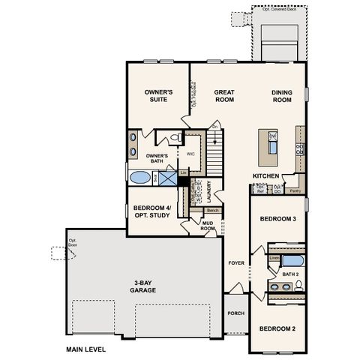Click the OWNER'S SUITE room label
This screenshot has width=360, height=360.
click(159, 95)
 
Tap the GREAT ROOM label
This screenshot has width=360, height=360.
click(225, 95)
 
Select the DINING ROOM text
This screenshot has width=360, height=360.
click(281, 95)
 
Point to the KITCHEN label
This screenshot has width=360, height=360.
click(266, 175)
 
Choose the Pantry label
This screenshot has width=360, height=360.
click(295, 190)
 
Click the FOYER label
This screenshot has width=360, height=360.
click(235, 262)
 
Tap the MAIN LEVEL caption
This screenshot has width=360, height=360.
click(85, 349)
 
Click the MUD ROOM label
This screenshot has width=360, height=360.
click(208, 226)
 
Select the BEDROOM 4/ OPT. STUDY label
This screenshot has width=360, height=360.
click(151, 211)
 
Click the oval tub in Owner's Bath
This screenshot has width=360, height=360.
click(140, 178)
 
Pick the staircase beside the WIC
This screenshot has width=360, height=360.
click(216, 154)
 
